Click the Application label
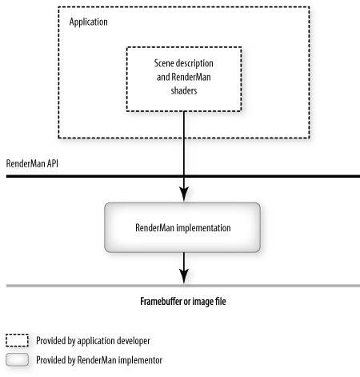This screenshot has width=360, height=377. coord(88,22)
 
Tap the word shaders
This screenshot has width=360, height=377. coord(184,90)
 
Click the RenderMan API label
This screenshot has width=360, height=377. coord(32,163)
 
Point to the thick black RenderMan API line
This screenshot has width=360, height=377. coord(183,176)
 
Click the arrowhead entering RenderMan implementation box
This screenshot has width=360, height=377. coord(184,194)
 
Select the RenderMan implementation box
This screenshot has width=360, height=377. coord(182,227)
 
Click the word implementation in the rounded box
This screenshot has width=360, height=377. coord(204,228)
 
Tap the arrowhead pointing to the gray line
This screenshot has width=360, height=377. coord(184,276)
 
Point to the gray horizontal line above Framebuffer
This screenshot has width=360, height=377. coord(183,286)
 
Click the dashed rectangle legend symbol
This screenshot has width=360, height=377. coord(17,340)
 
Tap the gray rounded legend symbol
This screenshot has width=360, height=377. coord(17,359)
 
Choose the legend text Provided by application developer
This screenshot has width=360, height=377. coord(93,341)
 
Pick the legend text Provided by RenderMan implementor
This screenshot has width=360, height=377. coord(99,360)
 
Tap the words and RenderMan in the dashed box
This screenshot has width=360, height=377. coord(184,77)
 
